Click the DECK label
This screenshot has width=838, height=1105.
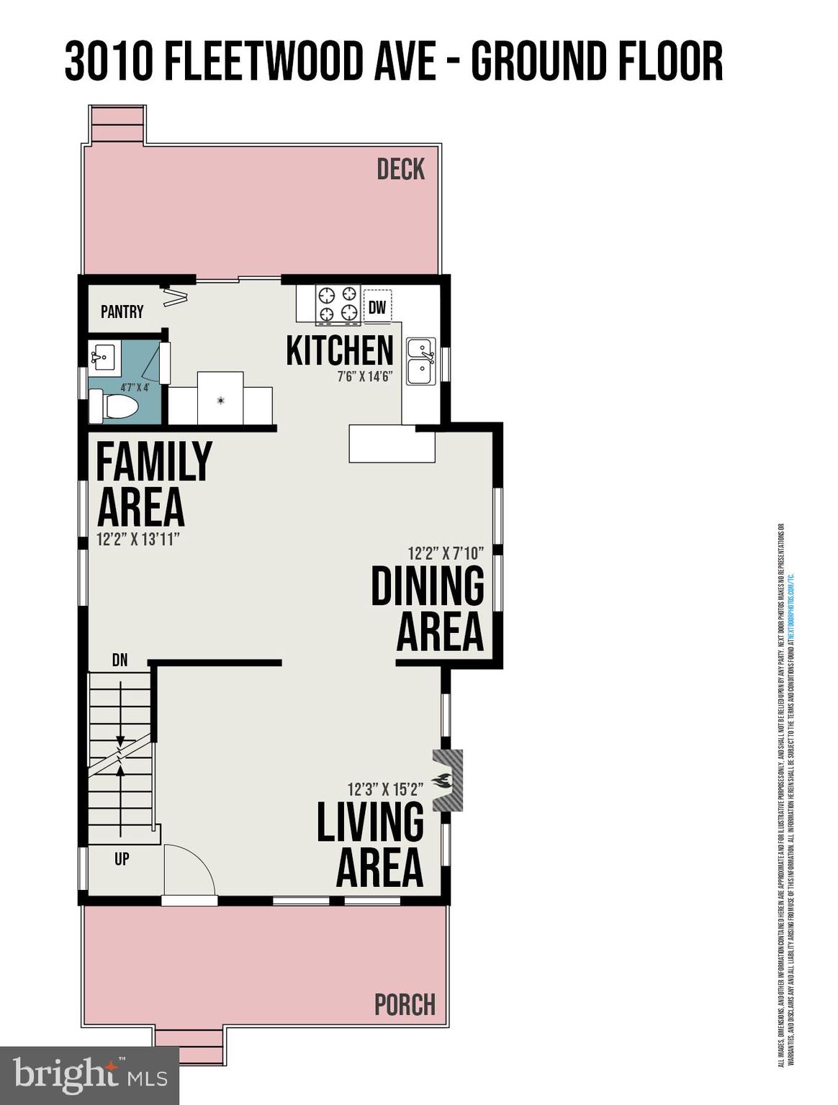point(401,170)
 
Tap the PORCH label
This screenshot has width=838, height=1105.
point(405,1004)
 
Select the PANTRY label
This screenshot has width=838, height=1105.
point(122,312)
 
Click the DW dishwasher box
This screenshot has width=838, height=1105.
point(377,307)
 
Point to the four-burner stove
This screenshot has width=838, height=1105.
point(338,303)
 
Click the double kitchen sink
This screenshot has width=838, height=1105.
point(420,361)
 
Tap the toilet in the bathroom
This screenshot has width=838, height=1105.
point(114,406)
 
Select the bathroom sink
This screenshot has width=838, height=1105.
point(105,356)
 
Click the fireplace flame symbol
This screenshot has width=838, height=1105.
point(441,781)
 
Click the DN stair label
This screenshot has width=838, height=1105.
point(120,660)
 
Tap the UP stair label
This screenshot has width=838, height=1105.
point(122,858)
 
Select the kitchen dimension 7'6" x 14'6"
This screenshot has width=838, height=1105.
point(364,376)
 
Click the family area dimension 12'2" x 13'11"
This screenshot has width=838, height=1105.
point(138,539)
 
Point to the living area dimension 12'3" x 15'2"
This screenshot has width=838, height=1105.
point(385,788)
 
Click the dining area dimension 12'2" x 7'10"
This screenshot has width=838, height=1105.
point(445,553)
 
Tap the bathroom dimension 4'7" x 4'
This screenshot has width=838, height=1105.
point(134,388)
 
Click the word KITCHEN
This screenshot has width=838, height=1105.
point(340,350)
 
